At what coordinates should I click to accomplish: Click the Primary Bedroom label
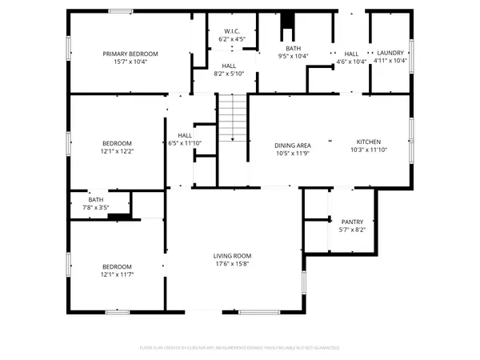point(130,54)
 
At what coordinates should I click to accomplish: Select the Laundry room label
point(391,53)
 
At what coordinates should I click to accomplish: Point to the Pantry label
point(352,222)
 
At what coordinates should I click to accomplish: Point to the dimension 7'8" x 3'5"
point(96,207)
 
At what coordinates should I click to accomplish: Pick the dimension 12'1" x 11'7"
point(117,274)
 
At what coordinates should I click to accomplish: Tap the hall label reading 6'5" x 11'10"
point(185,142)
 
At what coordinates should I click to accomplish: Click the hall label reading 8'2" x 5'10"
point(229,74)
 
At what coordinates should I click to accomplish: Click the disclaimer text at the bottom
point(240,348)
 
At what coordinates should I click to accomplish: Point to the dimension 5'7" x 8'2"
point(352,230)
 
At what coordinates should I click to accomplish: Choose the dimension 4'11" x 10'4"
point(391,61)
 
